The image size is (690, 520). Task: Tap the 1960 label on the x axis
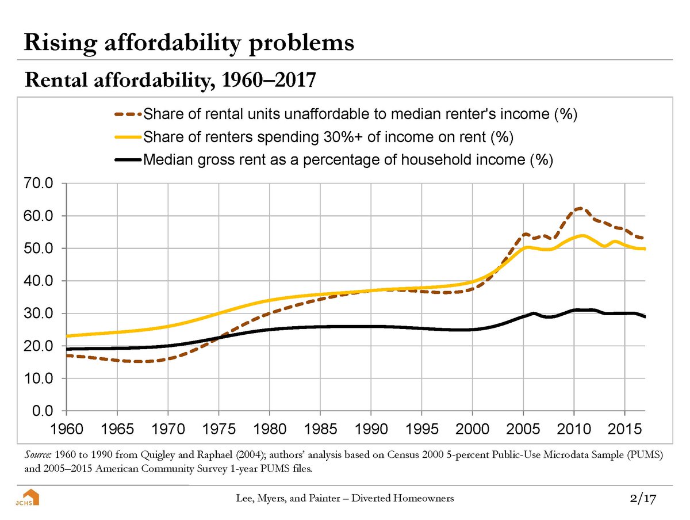(x=66, y=430)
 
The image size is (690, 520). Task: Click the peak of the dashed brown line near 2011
(x=580, y=208)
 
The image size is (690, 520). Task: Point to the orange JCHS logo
(x=27, y=498)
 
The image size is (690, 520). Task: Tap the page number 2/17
(x=643, y=498)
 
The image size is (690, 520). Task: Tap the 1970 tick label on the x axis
(x=167, y=430)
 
